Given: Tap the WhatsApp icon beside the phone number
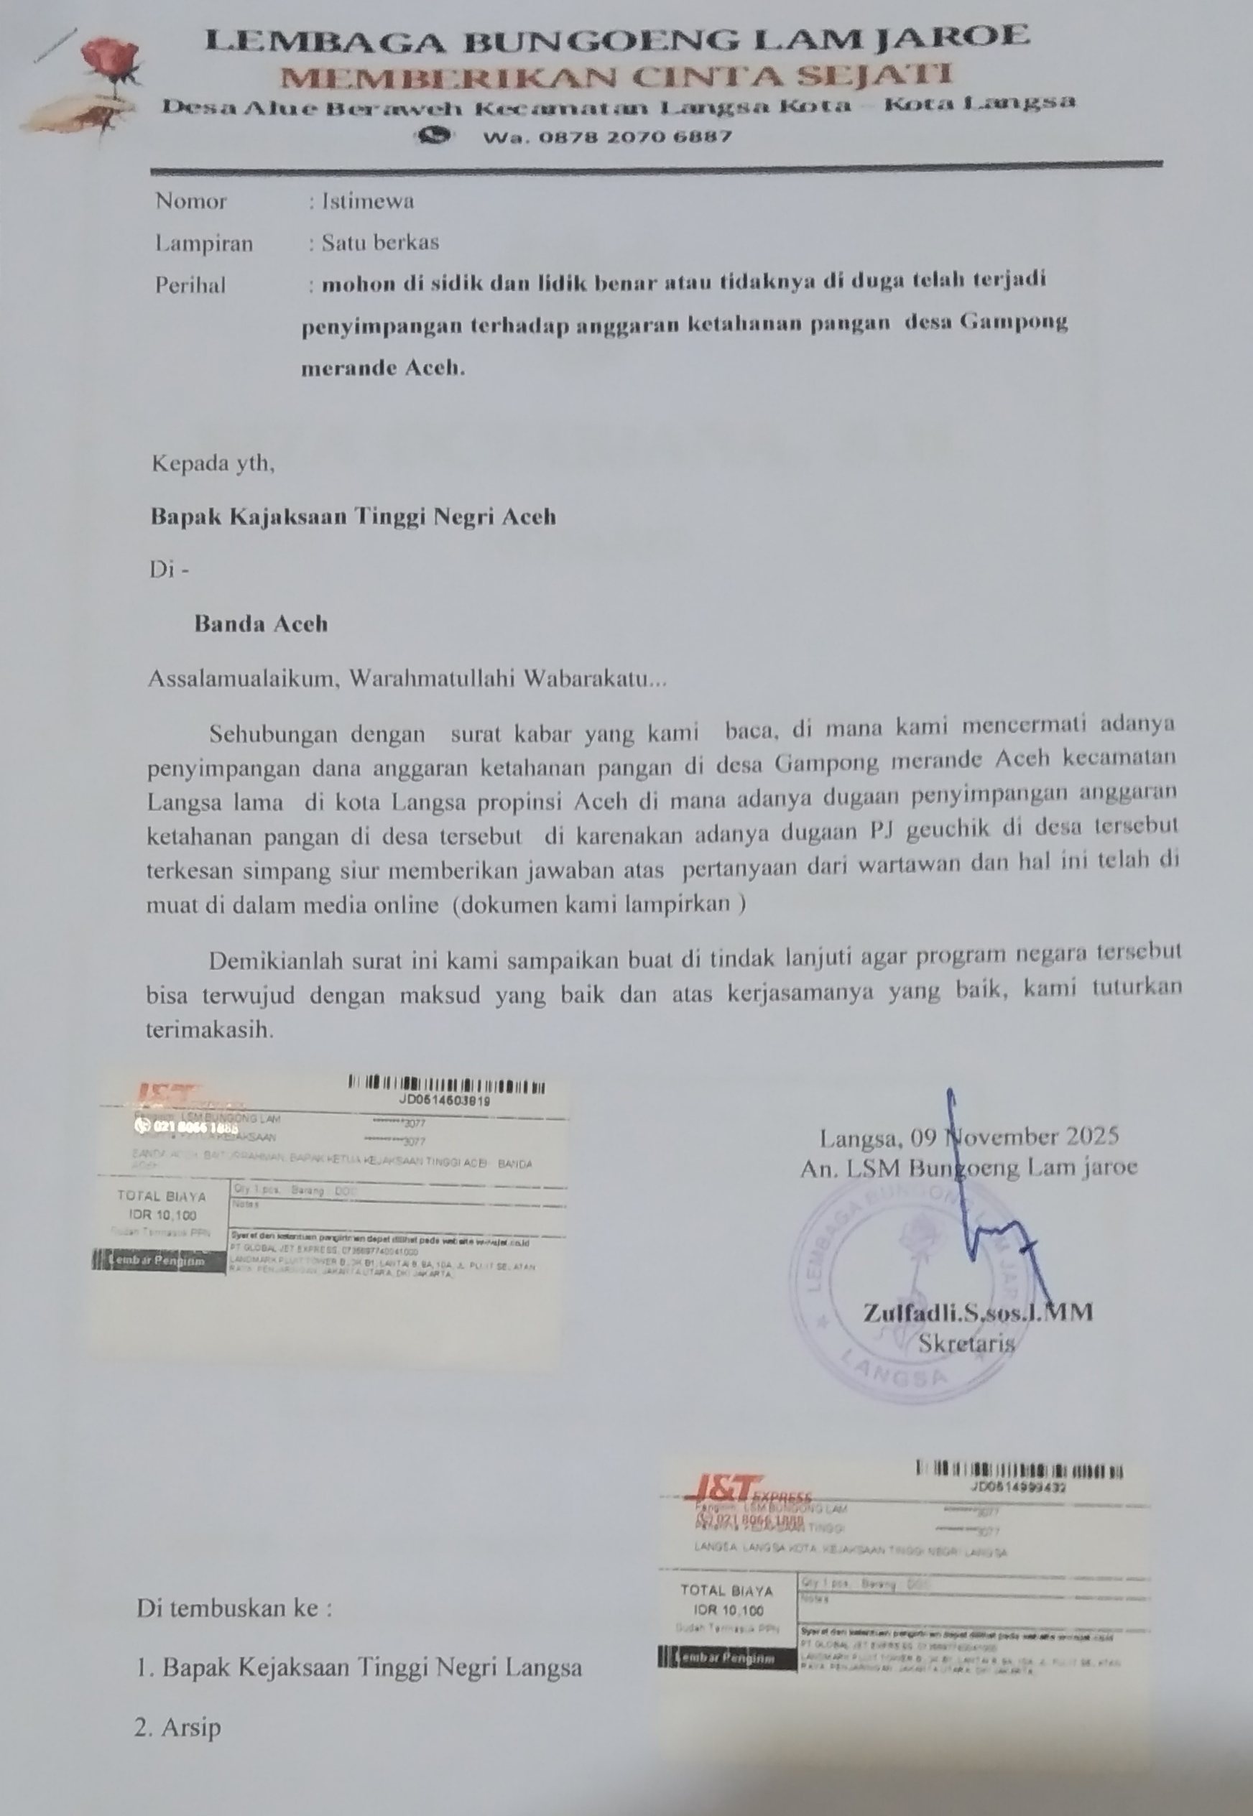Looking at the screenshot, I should click(434, 136).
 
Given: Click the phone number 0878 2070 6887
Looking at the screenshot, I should click(607, 136).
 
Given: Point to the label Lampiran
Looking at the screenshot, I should click(203, 244).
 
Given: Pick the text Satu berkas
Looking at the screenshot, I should click(380, 243).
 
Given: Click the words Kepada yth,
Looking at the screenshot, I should click(213, 464).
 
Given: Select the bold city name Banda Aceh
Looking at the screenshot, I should click(261, 624).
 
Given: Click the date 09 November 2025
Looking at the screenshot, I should click(1014, 1137).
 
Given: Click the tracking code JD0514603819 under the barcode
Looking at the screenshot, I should click(444, 1101).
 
